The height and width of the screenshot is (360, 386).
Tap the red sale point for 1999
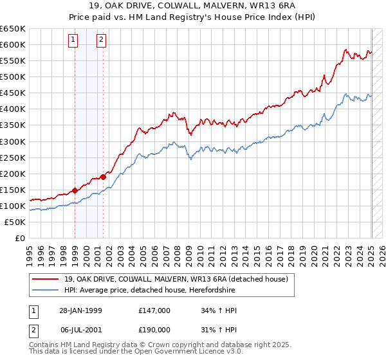(75, 190)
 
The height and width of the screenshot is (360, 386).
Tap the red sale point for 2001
(103, 176)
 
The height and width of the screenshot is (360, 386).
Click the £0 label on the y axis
(19, 238)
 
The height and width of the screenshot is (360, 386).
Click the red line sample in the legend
(46, 279)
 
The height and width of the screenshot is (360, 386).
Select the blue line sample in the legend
(46, 290)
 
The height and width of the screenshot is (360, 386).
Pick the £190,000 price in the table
(154, 330)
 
